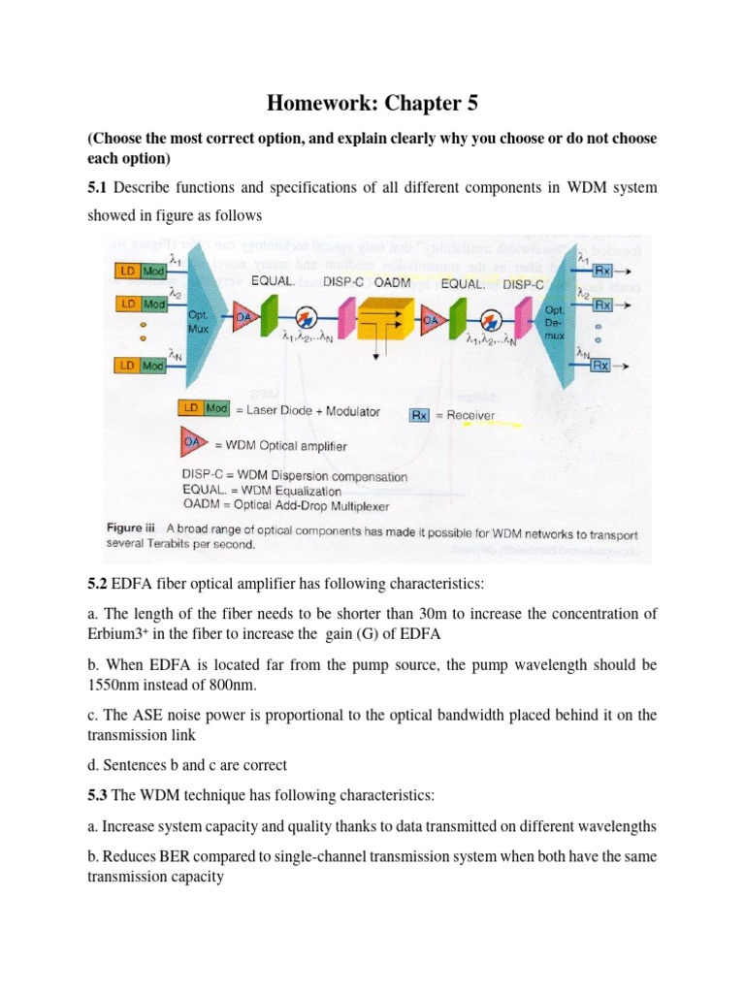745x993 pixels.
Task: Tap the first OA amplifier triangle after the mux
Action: tap(243, 315)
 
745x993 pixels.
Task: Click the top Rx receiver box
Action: tap(601, 271)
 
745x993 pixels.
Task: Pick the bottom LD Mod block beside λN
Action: tap(140, 365)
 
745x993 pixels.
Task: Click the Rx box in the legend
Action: tap(419, 414)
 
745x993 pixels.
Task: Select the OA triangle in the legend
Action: tap(191, 444)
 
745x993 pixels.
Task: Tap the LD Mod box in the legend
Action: tap(203, 409)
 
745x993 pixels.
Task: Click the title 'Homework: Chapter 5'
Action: tap(372, 104)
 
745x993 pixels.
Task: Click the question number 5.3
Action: tap(99, 795)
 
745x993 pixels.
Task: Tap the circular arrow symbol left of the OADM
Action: tap(308, 316)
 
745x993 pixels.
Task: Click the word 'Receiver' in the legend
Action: tap(470, 415)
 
